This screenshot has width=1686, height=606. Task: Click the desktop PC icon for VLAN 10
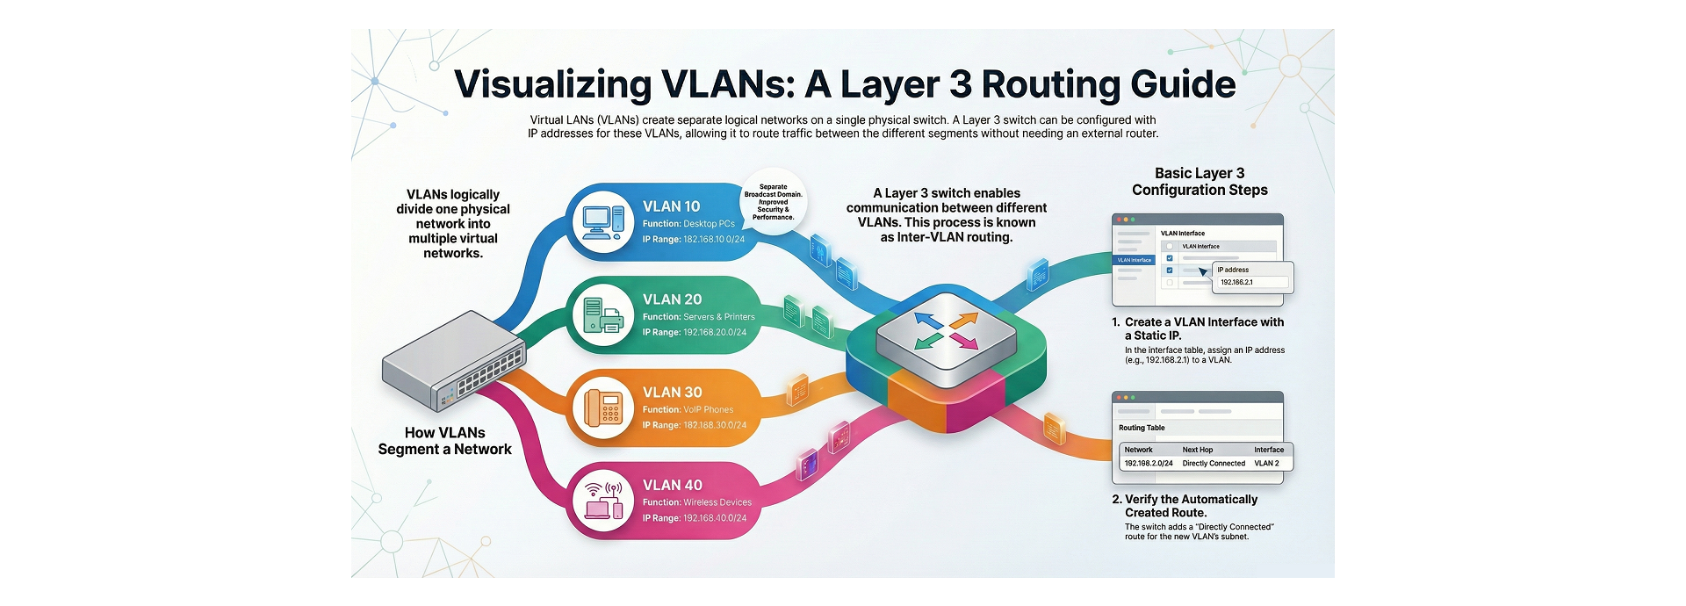[x=603, y=222]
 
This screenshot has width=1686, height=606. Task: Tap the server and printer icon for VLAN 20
[x=603, y=315]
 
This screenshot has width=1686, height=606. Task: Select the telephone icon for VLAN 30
[x=603, y=408]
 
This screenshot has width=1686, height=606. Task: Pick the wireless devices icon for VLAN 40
[x=603, y=501]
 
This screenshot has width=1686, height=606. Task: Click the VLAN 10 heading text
[x=671, y=206]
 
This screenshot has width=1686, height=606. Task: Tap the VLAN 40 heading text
[x=672, y=485]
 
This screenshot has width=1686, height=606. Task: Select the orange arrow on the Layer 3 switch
[x=962, y=321]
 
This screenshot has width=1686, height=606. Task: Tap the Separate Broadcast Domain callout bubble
[x=773, y=202]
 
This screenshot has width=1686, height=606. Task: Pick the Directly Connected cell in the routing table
[x=1213, y=464]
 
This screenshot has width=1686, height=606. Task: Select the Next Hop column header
[x=1197, y=450]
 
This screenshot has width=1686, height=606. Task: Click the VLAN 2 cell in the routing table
[x=1266, y=464]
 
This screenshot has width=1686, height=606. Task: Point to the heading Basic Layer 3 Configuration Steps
[x=1200, y=182]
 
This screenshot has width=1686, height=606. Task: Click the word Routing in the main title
[x=1050, y=84]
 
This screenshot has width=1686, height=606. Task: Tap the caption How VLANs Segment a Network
[x=444, y=441]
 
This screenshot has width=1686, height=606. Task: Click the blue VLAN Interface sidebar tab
[x=1134, y=261]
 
